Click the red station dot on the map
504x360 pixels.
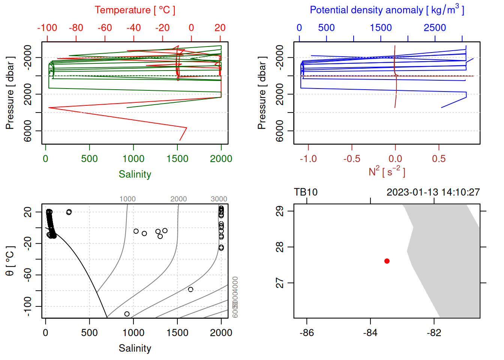(387, 261)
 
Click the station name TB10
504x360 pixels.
(306, 192)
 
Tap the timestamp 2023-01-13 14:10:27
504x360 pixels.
(433, 192)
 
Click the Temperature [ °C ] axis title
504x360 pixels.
(135, 10)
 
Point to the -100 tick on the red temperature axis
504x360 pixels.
(47, 28)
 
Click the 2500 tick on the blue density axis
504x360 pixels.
(435, 28)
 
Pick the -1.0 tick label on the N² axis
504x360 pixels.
(308, 159)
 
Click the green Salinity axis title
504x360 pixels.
(135, 174)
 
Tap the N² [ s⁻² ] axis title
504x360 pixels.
(387, 172)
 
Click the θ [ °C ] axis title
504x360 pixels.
(10, 261)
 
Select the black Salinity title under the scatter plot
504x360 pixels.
(135, 348)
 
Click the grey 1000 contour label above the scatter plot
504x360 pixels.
(127, 199)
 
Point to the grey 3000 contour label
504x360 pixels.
(219, 199)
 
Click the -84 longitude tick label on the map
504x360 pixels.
(370, 333)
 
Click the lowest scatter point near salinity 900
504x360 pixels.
(127, 314)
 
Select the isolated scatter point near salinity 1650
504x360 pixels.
(190, 289)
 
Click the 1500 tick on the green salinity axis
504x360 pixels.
(177, 159)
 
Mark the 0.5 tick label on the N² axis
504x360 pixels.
(439, 159)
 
